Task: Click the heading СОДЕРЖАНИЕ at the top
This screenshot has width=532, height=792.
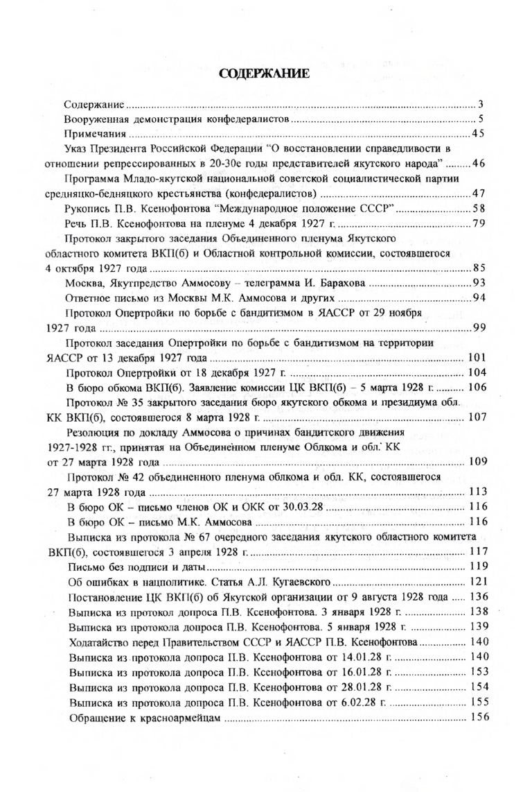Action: click(x=267, y=74)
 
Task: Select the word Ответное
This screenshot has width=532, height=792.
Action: click(x=87, y=298)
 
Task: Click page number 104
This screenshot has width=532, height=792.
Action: click(x=479, y=372)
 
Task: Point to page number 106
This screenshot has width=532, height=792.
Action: click(x=479, y=387)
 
